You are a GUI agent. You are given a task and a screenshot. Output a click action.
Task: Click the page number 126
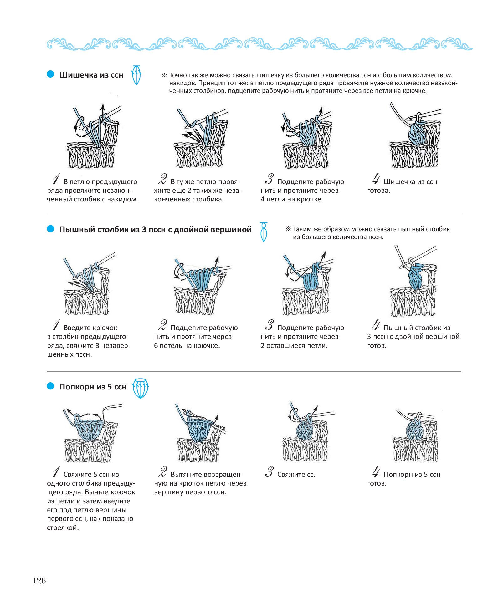click(39, 581)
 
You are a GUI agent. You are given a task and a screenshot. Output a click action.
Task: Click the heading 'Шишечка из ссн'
click(91, 75)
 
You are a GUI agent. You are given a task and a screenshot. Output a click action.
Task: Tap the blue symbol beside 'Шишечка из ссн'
click(136, 75)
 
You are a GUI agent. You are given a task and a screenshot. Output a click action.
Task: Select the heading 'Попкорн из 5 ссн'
click(93, 387)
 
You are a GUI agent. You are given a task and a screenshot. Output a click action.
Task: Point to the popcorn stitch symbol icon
click(141, 388)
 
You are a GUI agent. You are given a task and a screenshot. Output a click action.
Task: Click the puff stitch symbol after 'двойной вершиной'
click(264, 232)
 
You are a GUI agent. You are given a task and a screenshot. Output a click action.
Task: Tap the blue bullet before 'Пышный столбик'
click(50, 229)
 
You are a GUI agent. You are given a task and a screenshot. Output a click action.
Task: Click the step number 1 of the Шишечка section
click(56, 179)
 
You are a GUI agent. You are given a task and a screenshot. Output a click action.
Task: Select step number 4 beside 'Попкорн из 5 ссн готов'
click(376, 472)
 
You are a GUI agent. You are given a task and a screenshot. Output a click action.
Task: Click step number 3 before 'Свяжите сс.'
click(269, 472)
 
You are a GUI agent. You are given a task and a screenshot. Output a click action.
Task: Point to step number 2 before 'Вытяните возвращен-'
click(162, 472)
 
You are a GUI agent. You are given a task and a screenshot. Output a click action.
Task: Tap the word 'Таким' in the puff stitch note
click(301, 229)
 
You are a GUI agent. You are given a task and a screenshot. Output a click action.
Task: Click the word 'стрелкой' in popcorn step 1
click(63, 528)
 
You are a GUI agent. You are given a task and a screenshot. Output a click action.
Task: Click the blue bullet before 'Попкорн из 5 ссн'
click(50, 386)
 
